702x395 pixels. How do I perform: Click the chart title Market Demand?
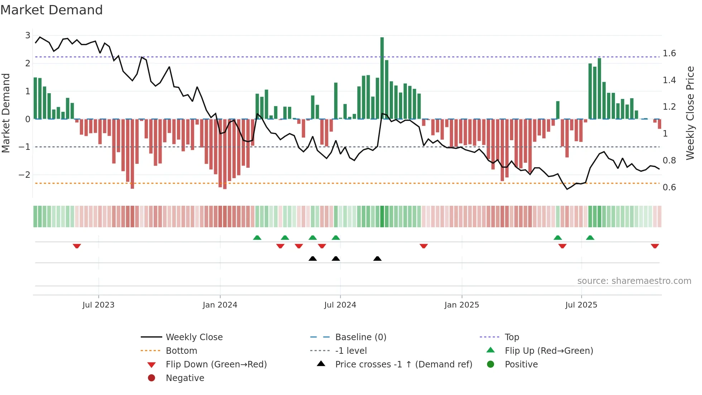pyautogui.click(x=52, y=10)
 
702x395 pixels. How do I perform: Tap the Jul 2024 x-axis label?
pyautogui.click(x=340, y=305)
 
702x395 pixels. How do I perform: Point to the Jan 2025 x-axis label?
pyautogui.click(x=461, y=305)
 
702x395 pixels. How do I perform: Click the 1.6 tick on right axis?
pyautogui.click(x=669, y=53)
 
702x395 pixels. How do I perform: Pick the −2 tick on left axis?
pyautogui.click(x=24, y=175)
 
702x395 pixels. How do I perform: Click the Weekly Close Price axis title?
pyautogui.click(x=690, y=113)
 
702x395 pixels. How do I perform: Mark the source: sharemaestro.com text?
pyautogui.click(x=634, y=281)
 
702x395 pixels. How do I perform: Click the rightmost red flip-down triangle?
pyautogui.click(x=655, y=246)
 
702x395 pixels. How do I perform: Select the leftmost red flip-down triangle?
pyautogui.click(x=77, y=246)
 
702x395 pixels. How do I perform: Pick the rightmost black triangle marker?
pyautogui.click(x=377, y=258)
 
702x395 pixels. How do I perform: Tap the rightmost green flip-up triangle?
pyautogui.click(x=590, y=238)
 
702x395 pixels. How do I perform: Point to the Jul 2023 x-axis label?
pyautogui.click(x=98, y=305)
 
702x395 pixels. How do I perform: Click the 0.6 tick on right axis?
pyautogui.click(x=669, y=187)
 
